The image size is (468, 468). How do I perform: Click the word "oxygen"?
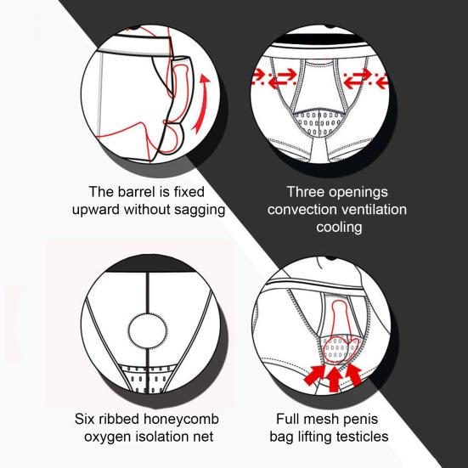pos(110,438)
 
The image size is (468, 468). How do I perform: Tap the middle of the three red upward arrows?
pos(334,375)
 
